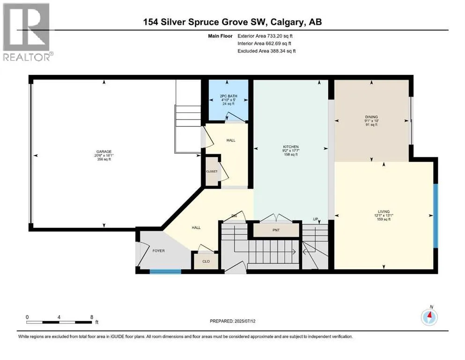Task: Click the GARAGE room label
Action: point(103,151)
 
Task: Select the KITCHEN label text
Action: point(290,146)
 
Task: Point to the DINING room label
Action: point(371,117)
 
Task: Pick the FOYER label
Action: point(159,251)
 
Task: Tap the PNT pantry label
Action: point(276,231)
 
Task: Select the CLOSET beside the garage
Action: point(212,172)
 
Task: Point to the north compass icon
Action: point(429,317)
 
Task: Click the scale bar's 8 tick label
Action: point(91,317)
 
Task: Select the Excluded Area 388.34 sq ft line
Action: point(266,51)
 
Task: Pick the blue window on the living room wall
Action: point(435,215)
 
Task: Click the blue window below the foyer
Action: point(165,271)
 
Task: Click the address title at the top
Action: point(232,22)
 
